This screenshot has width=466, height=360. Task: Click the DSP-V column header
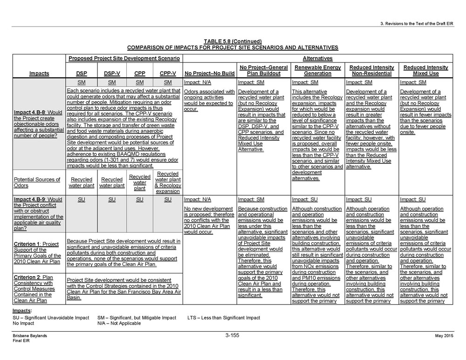112,74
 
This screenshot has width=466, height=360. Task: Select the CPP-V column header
168,74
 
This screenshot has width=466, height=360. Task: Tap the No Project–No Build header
210,74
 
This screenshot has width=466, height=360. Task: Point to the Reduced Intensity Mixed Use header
425,70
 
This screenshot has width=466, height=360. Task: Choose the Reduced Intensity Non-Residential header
372,70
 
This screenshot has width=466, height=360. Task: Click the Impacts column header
39,74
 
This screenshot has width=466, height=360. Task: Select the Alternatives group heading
317,59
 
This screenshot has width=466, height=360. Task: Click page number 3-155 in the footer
232,335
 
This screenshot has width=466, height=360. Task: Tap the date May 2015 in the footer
444,335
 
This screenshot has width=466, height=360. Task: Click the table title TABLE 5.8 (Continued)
233,41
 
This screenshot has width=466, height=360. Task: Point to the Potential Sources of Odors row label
37,183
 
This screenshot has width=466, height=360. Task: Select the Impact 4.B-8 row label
38,124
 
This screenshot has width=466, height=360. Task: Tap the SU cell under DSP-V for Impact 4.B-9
112,199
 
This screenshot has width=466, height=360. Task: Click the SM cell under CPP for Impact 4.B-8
140,82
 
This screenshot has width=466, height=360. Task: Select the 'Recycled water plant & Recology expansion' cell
168,183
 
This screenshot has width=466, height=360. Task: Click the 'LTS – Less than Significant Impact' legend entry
224,318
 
